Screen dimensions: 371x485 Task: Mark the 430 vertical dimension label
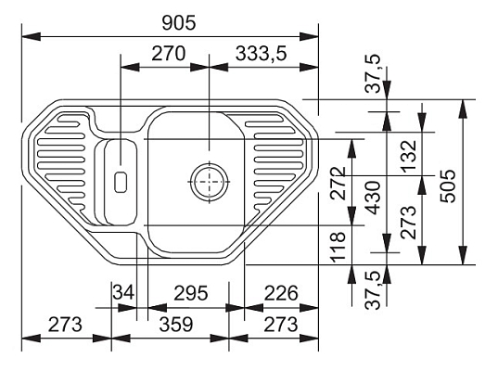pos(372,198)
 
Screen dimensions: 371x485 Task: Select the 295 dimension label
pos(190,294)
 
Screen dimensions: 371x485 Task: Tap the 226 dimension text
pos(279,294)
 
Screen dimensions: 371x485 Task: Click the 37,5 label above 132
pos(372,72)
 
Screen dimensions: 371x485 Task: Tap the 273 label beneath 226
pos(279,326)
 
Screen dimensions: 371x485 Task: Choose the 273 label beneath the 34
pos(65,326)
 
